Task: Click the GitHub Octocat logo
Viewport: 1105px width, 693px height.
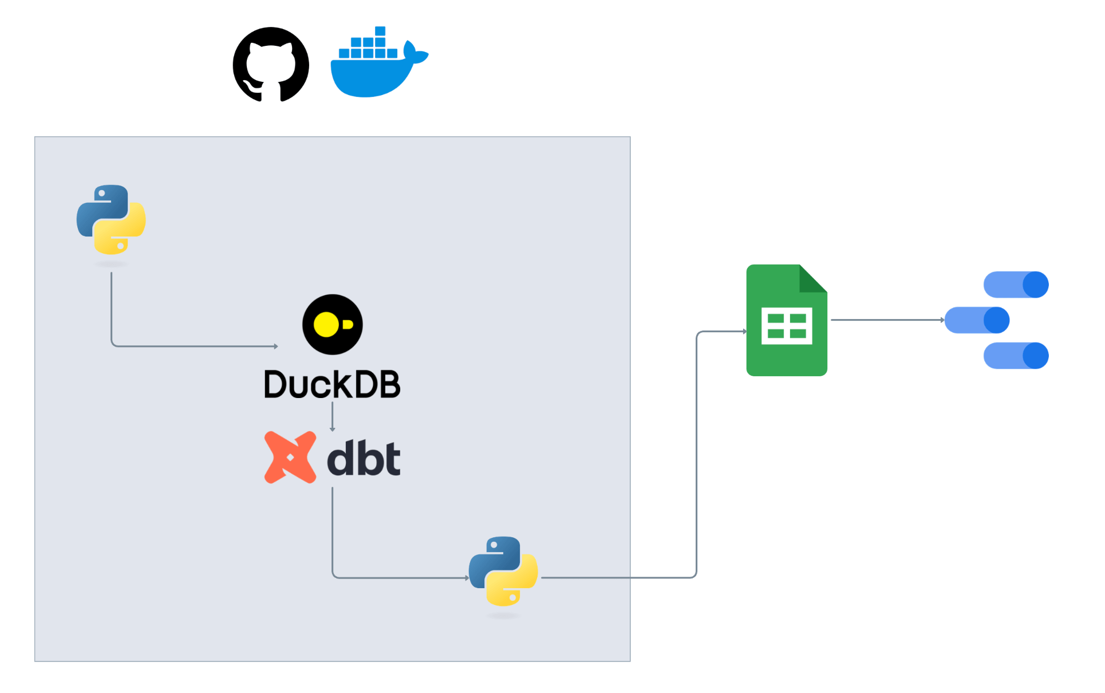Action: point(271,64)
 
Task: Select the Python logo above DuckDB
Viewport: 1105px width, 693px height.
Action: point(111,219)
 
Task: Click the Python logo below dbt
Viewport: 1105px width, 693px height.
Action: point(503,571)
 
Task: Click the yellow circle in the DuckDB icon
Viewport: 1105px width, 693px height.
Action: point(326,325)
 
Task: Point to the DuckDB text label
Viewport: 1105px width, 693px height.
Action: point(332,384)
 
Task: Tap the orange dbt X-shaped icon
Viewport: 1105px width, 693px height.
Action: point(290,457)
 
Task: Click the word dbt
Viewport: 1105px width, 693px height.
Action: point(364,458)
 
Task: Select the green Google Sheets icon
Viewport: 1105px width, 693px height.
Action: point(787,320)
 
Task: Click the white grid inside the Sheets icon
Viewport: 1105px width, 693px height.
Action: point(787,326)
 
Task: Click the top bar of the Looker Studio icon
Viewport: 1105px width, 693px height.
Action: point(1016,285)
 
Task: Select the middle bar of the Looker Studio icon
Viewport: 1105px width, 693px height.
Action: point(977,320)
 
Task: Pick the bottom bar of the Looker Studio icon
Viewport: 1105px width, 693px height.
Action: point(1016,356)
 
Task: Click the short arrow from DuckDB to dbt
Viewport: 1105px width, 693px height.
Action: point(333,416)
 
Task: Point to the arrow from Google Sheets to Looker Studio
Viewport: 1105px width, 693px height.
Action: point(887,320)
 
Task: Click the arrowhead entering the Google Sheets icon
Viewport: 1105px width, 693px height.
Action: point(745,332)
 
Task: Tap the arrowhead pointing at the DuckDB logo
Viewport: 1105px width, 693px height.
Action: point(276,346)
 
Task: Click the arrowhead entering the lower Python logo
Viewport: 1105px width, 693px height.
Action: point(467,578)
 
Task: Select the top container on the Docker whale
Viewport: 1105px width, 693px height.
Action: point(380,31)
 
